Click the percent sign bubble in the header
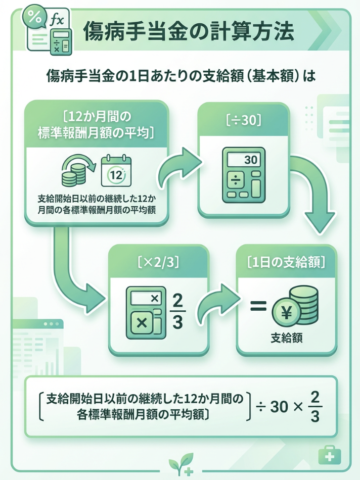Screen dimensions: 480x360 pos(35,17)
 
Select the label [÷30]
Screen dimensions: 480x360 pos(244,120)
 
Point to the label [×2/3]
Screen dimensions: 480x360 pos(159,262)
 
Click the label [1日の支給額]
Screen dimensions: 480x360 pos(286,262)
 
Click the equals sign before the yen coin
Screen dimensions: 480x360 pos(258,306)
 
